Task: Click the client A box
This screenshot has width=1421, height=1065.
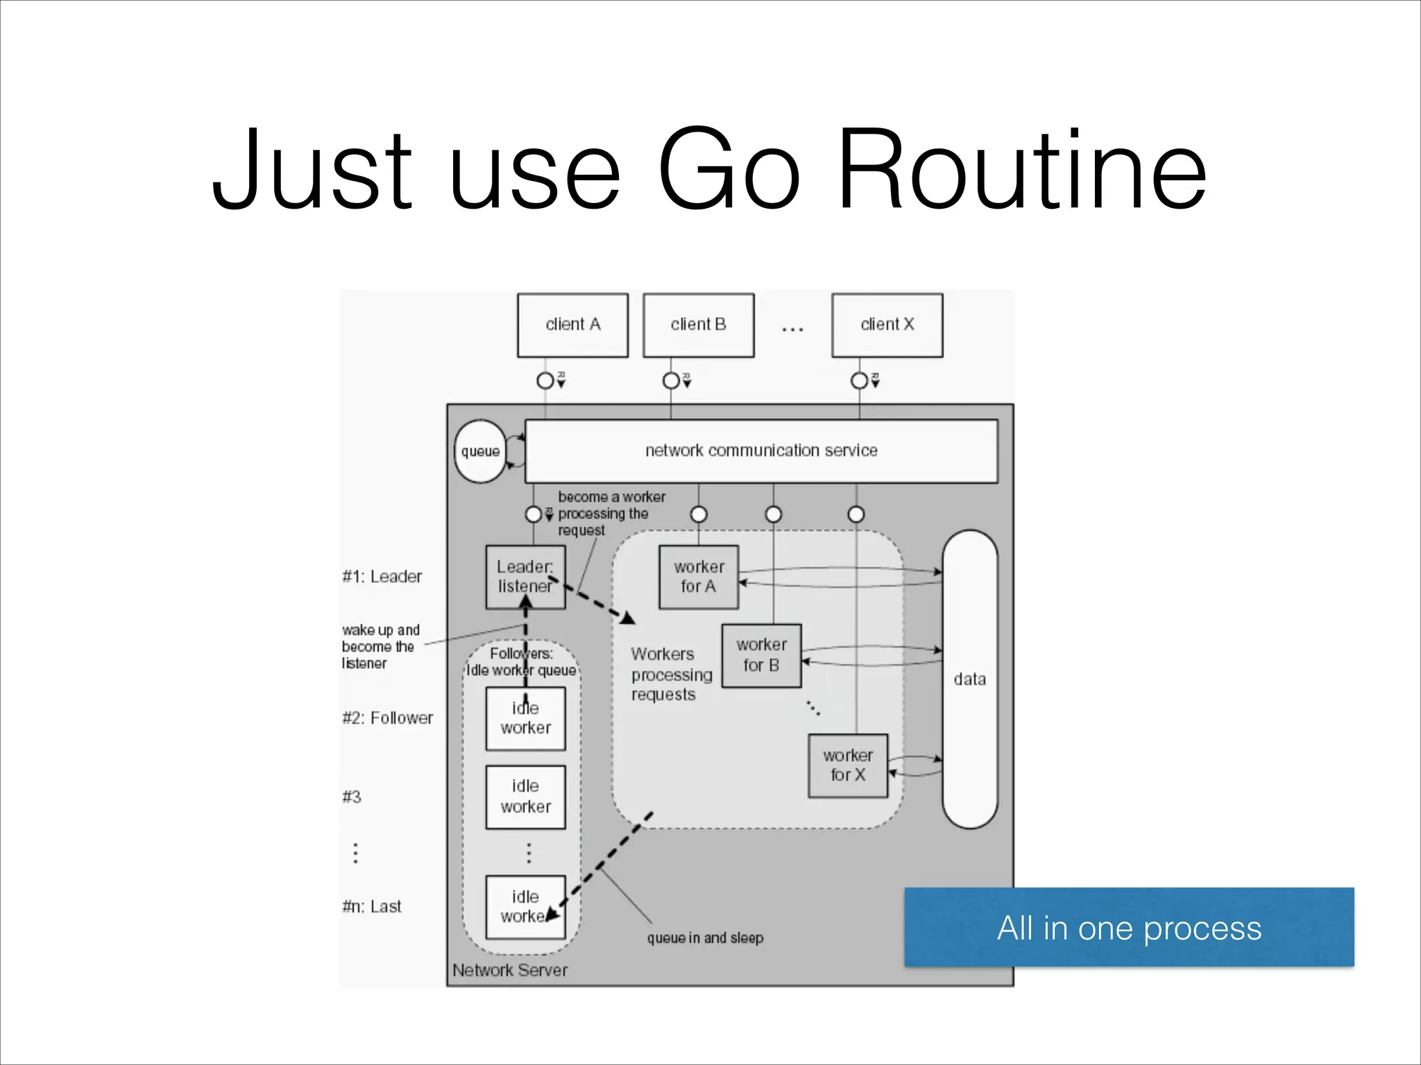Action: [x=572, y=325]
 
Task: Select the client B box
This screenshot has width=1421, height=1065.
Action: [x=698, y=325]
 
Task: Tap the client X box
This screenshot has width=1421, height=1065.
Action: [x=887, y=325]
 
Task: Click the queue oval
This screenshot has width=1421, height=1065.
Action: [x=480, y=451]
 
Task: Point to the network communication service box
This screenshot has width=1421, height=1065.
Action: [x=761, y=451]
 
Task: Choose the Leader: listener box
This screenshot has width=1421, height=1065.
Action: [x=525, y=577]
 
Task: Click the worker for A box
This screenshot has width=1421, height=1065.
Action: [x=698, y=577]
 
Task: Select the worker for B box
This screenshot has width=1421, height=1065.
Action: [x=761, y=655]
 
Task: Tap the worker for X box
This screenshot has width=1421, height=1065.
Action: [x=848, y=765]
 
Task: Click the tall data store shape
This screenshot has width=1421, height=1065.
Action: [x=969, y=679]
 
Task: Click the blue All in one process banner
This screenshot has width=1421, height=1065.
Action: [x=1129, y=927]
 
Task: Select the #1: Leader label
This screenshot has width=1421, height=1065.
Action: [x=382, y=577]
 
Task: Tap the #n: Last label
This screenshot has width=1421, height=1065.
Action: [x=372, y=907]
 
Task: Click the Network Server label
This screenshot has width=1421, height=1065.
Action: [x=510, y=971]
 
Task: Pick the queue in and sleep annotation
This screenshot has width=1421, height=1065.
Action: [x=705, y=938]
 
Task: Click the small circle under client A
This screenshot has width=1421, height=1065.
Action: [x=545, y=381]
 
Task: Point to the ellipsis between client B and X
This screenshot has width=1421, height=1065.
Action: [x=792, y=329]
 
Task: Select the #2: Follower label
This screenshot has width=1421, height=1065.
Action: [x=387, y=718]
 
